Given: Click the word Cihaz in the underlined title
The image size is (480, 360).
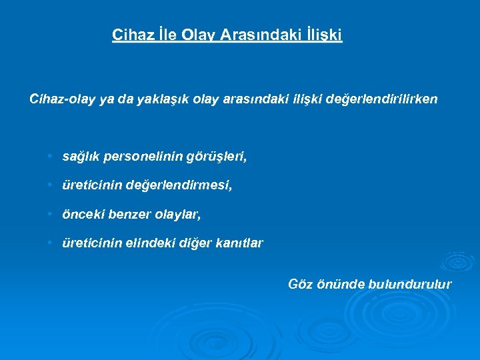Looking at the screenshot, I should coord(130,35).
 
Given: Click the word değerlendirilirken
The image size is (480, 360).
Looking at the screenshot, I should coord(382,99).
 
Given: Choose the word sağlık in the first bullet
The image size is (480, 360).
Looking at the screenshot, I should coord(79,157).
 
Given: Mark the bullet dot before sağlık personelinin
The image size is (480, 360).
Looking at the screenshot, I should coord(50,156).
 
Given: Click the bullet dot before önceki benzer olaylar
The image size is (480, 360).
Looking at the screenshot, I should coord(50,214).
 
